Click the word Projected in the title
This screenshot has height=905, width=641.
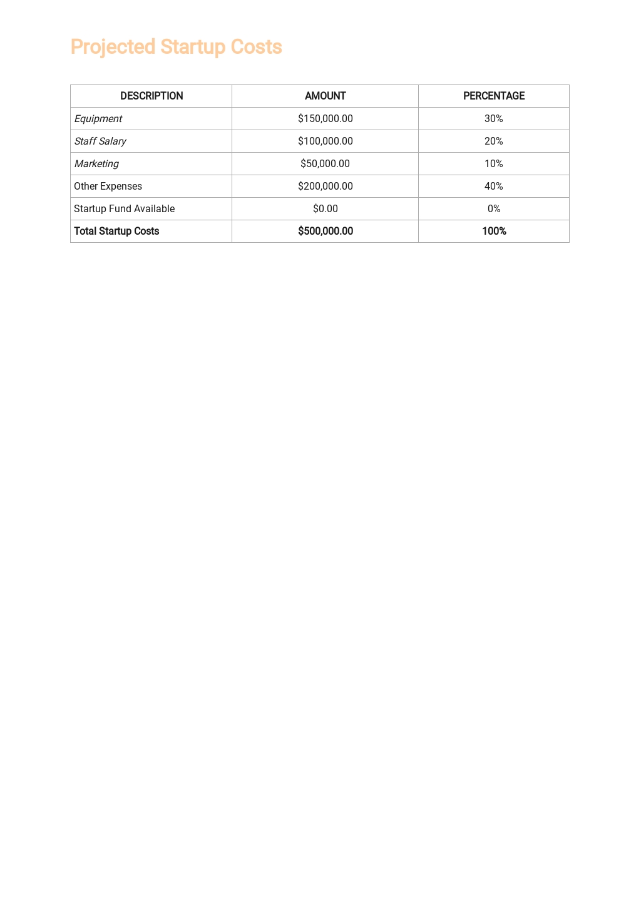click(113, 47)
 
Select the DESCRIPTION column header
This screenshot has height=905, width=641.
click(151, 96)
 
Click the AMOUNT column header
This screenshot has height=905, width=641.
click(325, 96)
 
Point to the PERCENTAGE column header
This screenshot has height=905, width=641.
click(494, 96)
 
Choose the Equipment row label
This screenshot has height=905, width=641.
click(98, 118)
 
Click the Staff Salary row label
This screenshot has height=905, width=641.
click(100, 141)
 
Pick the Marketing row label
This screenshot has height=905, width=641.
click(96, 163)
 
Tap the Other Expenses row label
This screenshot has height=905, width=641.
click(108, 186)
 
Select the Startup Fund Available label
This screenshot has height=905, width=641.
click(124, 208)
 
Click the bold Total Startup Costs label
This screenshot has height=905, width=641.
click(116, 231)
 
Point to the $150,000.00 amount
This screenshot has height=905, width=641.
click(325, 118)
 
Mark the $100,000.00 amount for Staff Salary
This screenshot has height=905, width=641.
click(325, 141)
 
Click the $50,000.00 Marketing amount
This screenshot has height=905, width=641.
click(325, 163)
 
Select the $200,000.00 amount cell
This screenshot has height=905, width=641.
click(325, 186)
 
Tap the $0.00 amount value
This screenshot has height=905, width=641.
click(325, 208)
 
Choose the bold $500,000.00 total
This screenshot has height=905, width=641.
click(325, 231)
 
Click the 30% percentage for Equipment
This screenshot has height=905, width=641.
click(494, 118)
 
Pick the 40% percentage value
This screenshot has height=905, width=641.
click(494, 186)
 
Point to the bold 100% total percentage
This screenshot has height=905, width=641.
click(494, 231)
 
